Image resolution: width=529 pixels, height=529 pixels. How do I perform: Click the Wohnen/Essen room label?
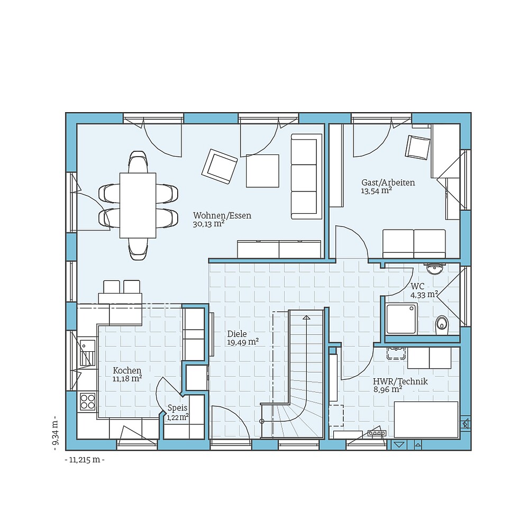[x=222, y=216]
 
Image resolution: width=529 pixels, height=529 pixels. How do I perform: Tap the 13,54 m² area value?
[x=376, y=191]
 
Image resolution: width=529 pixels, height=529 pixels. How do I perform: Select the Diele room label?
[x=237, y=334]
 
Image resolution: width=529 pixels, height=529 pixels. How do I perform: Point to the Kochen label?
[x=127, y=370]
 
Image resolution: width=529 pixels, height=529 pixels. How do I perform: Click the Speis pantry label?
[x=177, y=408]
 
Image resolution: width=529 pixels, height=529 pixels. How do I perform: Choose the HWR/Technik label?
[x=400, y=381]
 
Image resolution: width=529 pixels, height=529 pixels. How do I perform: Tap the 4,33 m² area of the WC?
[x=424, y=294]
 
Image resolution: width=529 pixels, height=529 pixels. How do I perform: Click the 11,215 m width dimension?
[x=85, y=460]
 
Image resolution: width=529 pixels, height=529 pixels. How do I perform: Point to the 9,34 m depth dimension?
[x=54, y=433]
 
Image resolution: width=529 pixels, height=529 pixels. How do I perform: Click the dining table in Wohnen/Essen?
[x=138, y=205]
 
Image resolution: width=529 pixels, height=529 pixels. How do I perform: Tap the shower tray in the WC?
[x=401, y=319]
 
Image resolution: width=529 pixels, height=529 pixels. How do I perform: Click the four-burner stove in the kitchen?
[x=87, y=402]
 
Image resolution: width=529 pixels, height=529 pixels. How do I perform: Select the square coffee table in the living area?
[x=262, y=170]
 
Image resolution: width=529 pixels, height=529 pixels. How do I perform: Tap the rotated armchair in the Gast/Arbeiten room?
[x=417, y=147]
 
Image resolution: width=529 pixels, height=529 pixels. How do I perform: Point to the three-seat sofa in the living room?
[x=306, y=176]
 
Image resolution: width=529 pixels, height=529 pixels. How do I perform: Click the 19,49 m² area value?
[x=243, y=342]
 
